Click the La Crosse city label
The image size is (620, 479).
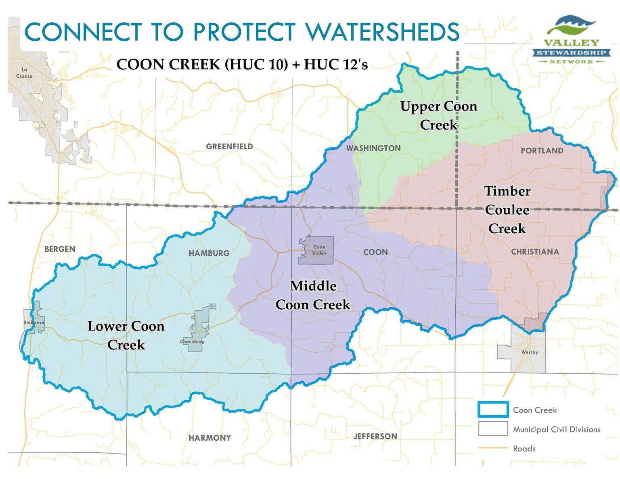coord(24,73)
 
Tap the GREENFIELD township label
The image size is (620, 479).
coord(229,146)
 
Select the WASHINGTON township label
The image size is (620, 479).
coord(373,148)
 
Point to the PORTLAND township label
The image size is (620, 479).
coord(542,151)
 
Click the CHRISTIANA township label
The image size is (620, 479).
coord(535,252)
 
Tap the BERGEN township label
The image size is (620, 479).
coord(60,249)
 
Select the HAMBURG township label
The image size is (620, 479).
coord(209,253)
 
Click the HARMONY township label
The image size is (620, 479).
coord(210,438)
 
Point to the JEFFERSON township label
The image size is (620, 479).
coord(375,436)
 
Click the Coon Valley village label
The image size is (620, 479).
coord(319,250)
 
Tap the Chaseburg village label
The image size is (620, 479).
coord(192,341)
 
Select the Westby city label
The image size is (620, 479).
coord(529,352)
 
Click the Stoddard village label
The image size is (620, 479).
coord(34,322)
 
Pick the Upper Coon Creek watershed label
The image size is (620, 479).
coord(439,115)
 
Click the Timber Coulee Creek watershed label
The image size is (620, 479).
coord(507,209)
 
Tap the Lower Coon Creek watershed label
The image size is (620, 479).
coord(126,335)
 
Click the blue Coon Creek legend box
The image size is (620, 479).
coord(493,410)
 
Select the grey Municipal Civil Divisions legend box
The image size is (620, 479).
coord(493,429)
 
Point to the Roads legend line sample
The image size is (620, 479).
coord(493,448)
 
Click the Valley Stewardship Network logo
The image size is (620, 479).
coord(571,40)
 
